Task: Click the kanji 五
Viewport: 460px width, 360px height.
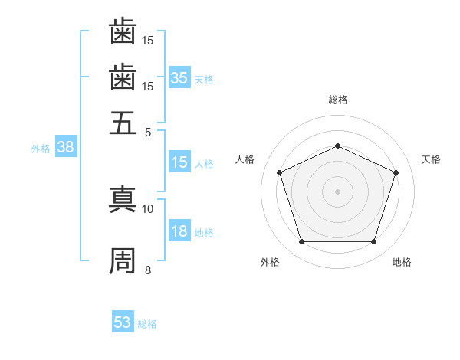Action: coord(123,121)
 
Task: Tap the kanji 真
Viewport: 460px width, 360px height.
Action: coord(123,198)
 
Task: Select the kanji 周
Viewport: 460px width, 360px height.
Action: coord(123,260)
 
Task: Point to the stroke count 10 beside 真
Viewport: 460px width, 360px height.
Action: coord(148,208)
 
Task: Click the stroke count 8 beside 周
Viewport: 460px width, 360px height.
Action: coord(148,270)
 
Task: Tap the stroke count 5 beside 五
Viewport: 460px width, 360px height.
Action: coord(148,131)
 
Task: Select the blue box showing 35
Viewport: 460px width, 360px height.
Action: coord(179,78)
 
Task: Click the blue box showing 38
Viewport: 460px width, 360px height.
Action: coord(65,149)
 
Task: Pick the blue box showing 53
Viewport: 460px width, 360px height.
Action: coord(123,322)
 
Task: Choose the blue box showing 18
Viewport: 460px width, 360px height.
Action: coord(179,232)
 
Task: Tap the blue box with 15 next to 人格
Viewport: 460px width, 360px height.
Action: coord(179,162)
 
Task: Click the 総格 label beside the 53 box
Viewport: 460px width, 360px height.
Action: coord(148,324)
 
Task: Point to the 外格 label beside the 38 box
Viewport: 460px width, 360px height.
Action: coord(41,149)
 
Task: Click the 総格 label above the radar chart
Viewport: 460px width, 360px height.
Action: coord(337,100)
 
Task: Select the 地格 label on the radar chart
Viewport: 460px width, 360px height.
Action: coord(402,262)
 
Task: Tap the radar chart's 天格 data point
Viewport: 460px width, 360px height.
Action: coord(396,172)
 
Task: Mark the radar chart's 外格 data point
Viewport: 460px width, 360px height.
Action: coord(301,242)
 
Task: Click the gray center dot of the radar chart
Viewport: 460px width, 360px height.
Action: coord(337,191)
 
